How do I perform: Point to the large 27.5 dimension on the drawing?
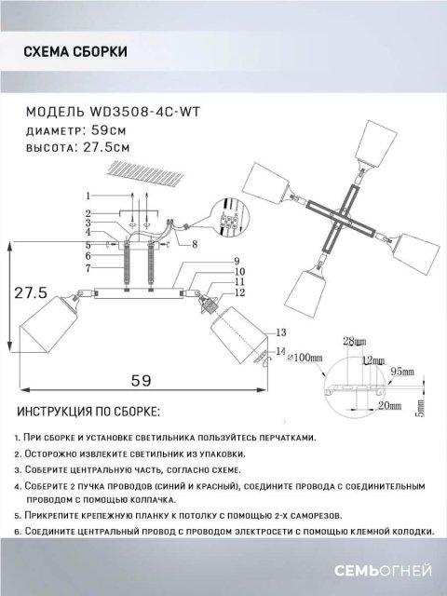[31, 292]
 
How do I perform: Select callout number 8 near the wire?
[194, 244]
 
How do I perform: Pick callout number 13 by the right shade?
[278, 332]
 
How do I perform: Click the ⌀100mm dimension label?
[305, 356]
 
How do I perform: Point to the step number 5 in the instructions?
[20, 513]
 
